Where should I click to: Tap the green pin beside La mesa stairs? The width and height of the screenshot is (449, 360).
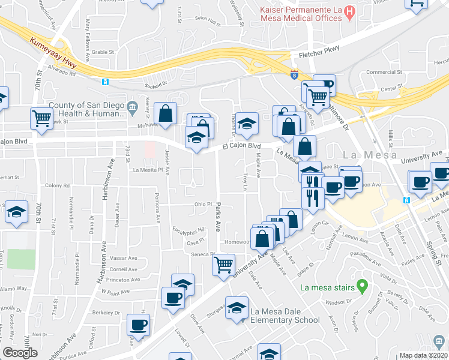pyautogui.click(x=361, y=286)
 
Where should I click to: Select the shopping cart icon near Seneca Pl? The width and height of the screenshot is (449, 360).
pyautogui.click(x=224, y=263)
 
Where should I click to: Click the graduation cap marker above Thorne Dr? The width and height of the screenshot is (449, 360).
pyautogui.click(x=246, y=123)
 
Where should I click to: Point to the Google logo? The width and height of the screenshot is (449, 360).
pyautogui.click(x=20, y=353)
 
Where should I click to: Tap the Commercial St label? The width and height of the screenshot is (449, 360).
pyautogui.click(x=384, y=72)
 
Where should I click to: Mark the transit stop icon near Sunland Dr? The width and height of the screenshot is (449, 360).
pyautogui.click(x=105, y=82)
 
